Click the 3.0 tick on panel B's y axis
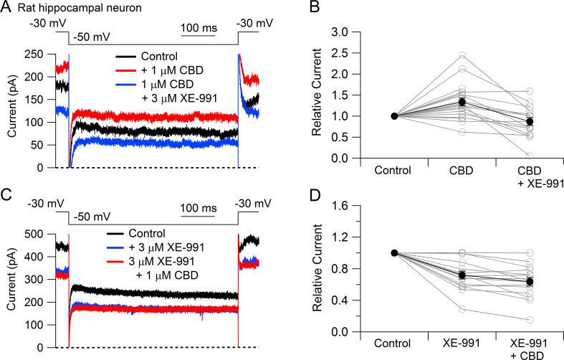point(356,32)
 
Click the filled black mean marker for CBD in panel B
point(462,102)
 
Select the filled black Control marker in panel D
point(394,252)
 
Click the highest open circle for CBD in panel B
point(462,55)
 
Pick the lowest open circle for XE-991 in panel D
point(462,309)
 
